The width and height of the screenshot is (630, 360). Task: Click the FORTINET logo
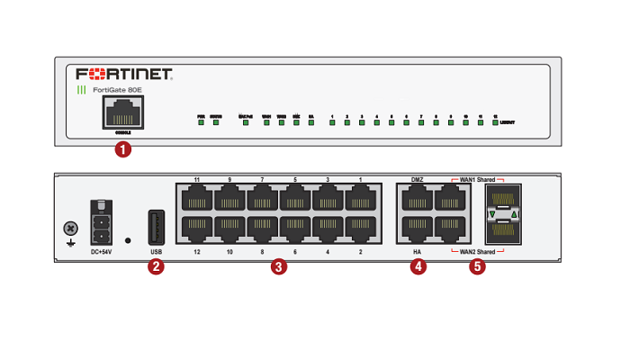pyautogui.click(x=125, y=73)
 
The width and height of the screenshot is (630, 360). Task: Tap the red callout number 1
pyautogui.click(x=123, y=149)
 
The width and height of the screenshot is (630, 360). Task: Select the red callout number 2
pyautogui.click(x=157, y=266)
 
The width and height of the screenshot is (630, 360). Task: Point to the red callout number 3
pyautogui.click(x=280, y=266)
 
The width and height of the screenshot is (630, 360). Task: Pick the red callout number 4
pyautogui.click(x=418, y=266)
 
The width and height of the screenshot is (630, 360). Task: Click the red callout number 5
pyautogui.click(x=477, y=266)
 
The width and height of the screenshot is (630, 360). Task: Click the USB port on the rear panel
pyautogui.click(x=157, y=225)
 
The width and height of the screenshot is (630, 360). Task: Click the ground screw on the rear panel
pyautogui.click(x=68, y=229)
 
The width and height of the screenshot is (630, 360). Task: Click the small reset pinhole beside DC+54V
pyautogui.click(x=129, y=240)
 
